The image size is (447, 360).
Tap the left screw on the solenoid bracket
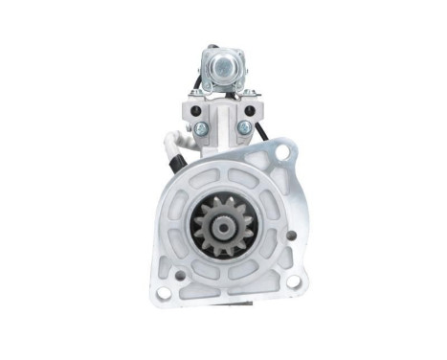tap(200, 126)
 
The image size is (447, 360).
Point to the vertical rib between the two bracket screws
tap(222, 124)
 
